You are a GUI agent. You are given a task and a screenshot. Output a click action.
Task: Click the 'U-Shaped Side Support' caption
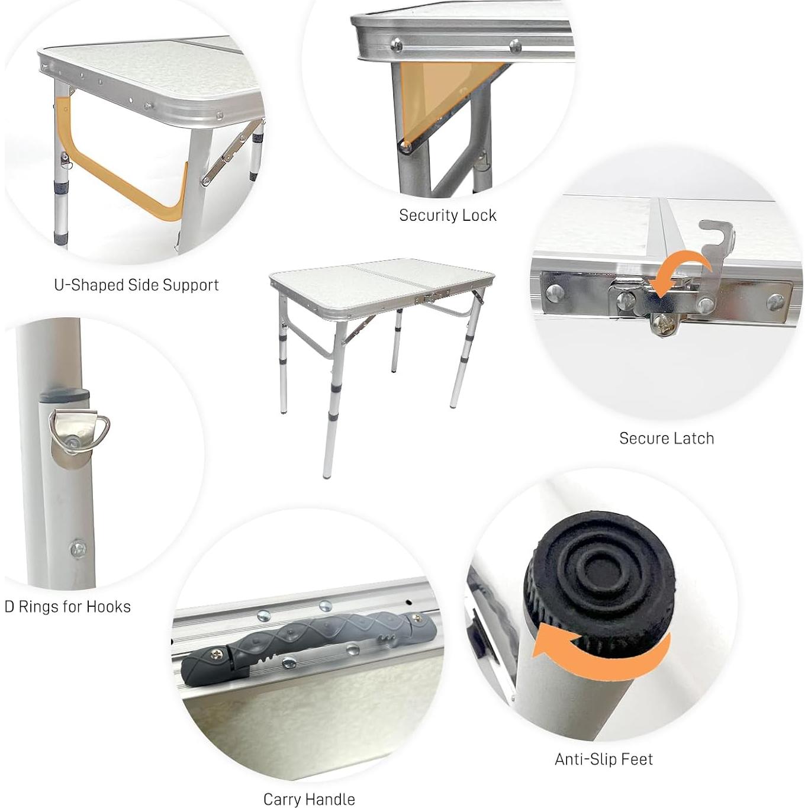[x=136, y=285]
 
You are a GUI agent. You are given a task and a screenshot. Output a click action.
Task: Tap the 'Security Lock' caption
[x=448, y=215]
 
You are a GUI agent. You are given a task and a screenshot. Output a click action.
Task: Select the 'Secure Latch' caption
[x=667, y=439]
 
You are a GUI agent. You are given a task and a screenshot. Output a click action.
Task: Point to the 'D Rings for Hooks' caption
[x=67, y=607]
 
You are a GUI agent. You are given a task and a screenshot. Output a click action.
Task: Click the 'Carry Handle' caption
[x=309, y=799]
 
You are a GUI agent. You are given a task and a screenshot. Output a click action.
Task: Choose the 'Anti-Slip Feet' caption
[x=604, y=759]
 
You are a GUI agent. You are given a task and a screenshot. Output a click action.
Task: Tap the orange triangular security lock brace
[x=438, y=89]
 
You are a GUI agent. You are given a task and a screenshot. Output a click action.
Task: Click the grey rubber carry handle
[x=308, y=645]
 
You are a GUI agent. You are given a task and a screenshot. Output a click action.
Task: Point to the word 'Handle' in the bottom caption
[x=331, y=799]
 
